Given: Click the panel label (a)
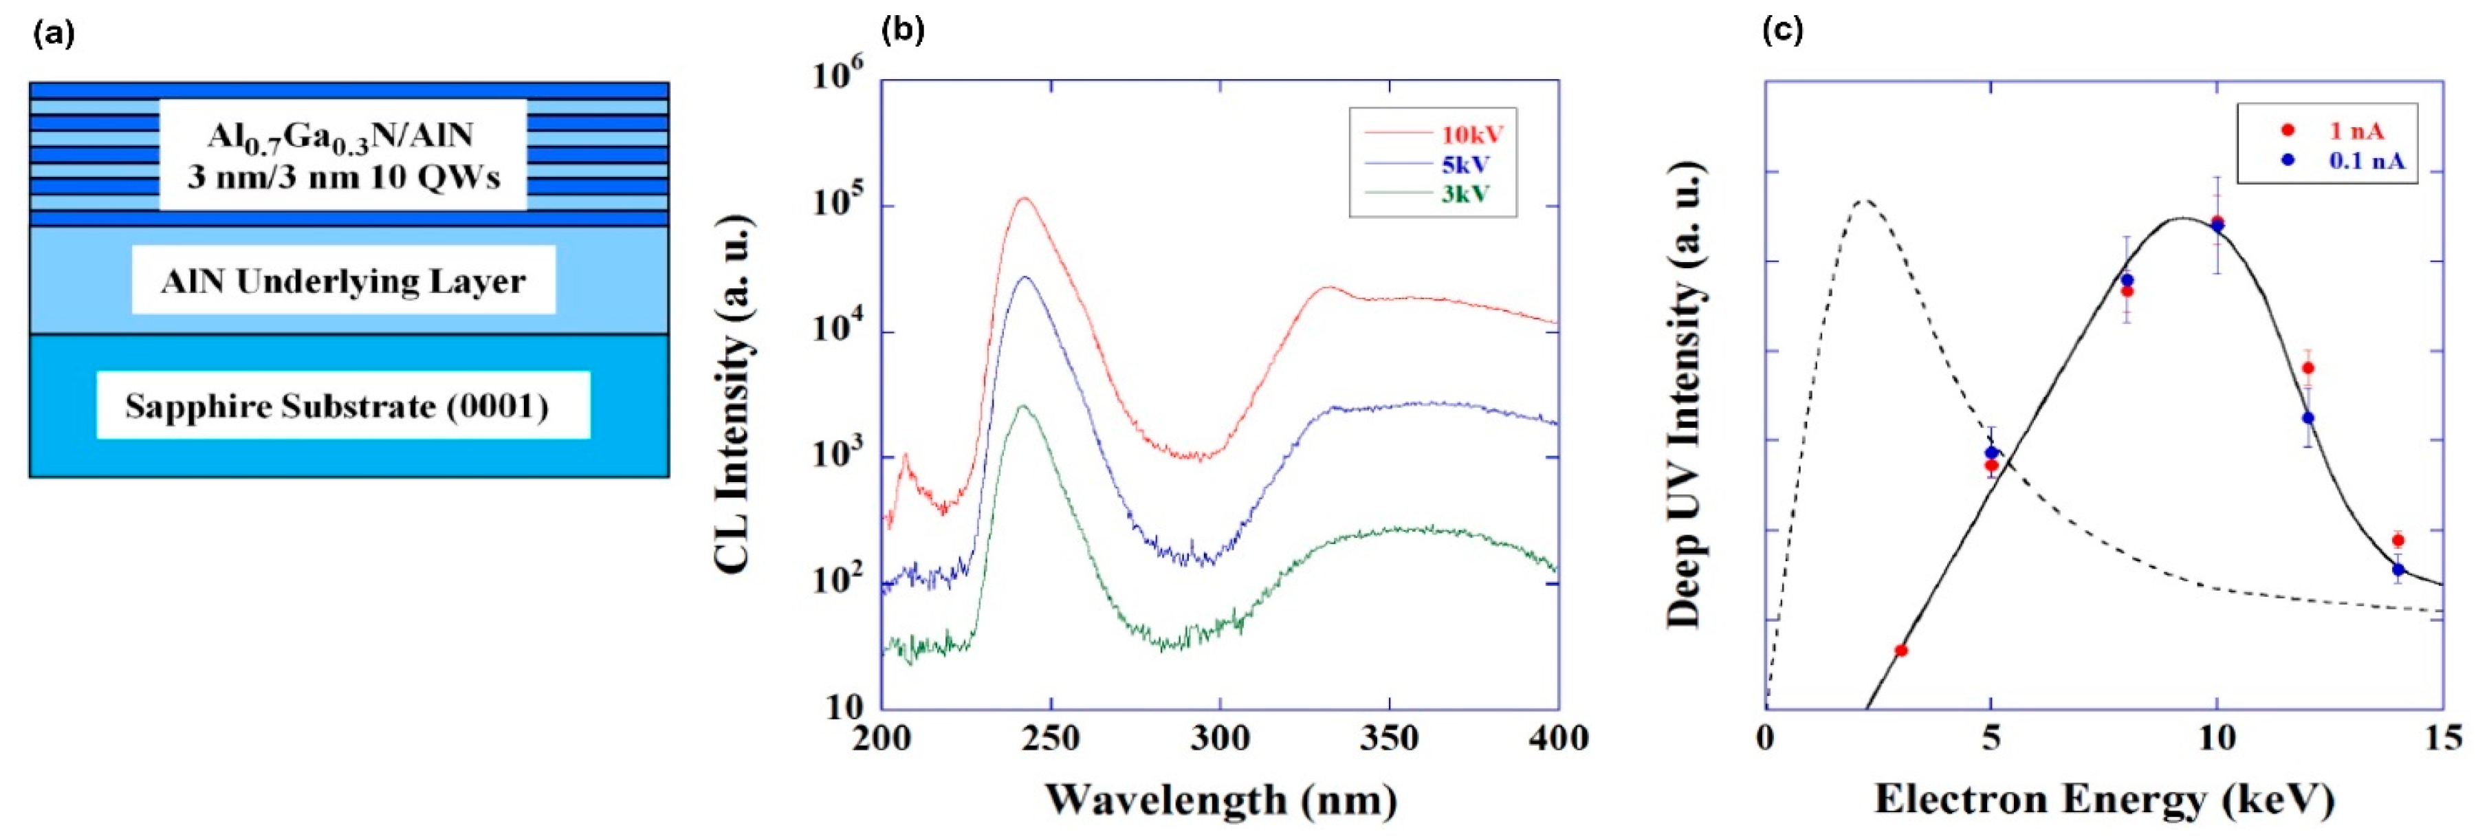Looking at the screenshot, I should point(53,34).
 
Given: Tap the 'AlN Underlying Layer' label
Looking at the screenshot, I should point(343,281).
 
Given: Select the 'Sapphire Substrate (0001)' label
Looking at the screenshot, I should point(337,406).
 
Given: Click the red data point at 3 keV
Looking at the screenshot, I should point(1901,651).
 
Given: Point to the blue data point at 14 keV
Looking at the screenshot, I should point(2398,569).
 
